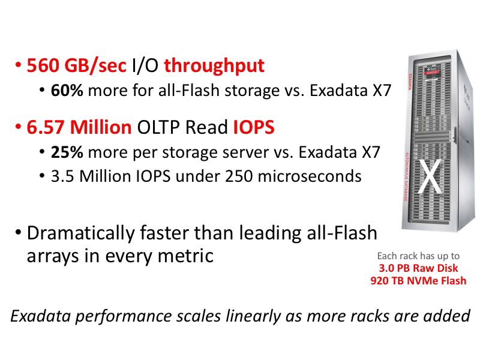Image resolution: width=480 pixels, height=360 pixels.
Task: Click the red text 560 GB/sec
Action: (77, 65)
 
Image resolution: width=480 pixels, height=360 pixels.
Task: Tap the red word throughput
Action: (214, 66)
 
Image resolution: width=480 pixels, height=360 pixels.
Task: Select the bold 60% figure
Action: (67, 91)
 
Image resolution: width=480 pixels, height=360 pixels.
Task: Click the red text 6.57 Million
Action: (79, 127)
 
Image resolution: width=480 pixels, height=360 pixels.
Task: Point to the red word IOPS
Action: (254, 127)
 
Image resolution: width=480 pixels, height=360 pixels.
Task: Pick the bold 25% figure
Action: (67, 152)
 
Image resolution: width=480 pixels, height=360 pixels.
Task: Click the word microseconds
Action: (310, 176)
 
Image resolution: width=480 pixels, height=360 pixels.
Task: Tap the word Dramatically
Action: (81, 234)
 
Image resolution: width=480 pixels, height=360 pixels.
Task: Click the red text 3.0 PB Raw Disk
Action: (418, 268)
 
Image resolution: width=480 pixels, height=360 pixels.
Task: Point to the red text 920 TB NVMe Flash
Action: (418, 280)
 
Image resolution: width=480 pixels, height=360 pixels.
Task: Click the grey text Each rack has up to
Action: (418, 256)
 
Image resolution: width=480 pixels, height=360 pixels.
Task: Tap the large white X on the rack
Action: (430, 176)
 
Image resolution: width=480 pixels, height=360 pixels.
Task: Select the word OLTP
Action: (158, 127)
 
